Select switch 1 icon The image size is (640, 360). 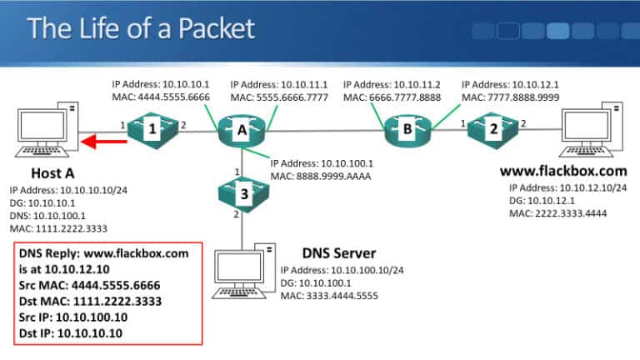[x=154, y=130]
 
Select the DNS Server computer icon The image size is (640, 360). [x=242, y=266]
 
